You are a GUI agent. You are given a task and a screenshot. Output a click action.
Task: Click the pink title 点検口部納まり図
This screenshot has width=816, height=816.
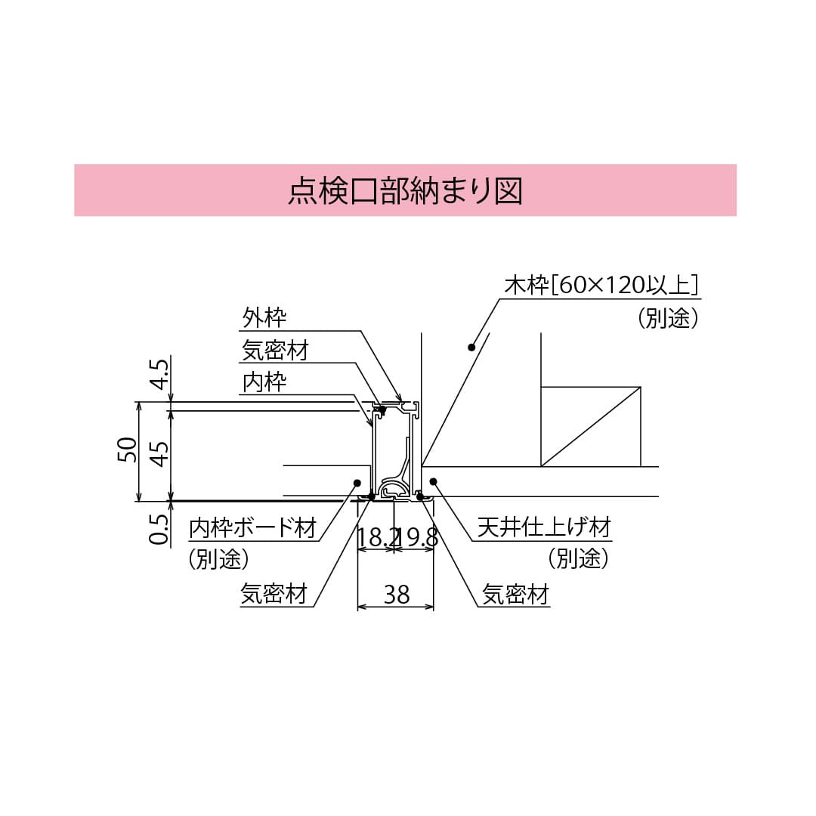pos(405,190)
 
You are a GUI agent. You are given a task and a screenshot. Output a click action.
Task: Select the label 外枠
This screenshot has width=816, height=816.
pos(264,317)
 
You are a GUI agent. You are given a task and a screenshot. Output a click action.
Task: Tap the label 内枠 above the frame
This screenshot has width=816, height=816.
pos(264,382)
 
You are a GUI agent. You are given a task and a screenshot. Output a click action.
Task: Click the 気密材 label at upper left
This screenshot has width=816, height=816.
pos(275,350)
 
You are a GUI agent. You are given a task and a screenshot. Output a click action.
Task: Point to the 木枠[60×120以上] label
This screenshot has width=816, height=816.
pos(601,286)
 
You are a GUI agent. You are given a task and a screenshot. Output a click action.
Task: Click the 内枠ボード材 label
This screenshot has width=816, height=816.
pos(252,527)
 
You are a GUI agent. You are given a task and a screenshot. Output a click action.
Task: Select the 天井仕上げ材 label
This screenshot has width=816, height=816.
pos(544,527)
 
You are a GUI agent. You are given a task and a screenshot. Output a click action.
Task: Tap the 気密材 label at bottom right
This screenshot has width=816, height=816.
pos(516,595)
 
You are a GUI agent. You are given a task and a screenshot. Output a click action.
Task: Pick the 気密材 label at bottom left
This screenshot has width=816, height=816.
pos(274,595)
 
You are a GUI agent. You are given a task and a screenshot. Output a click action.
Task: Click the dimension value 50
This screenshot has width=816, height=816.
pos(129,450)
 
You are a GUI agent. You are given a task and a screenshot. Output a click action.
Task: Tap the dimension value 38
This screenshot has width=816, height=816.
pos(396,595)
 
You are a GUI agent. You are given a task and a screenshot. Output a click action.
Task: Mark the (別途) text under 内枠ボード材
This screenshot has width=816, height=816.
pos(218,558)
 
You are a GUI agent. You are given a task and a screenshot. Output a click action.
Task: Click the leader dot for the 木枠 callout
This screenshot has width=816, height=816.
pos(471,348)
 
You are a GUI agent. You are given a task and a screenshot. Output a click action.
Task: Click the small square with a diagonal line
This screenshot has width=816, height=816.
pos(591,427)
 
